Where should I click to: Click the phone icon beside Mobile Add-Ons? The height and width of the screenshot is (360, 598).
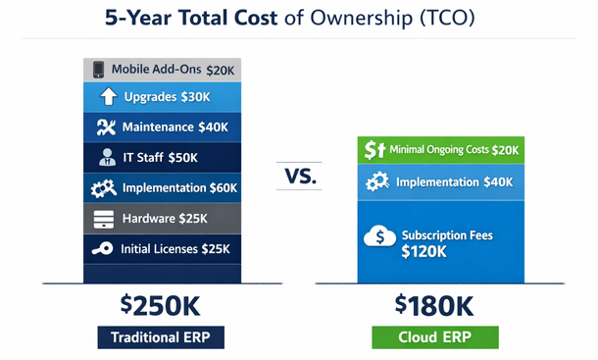98,70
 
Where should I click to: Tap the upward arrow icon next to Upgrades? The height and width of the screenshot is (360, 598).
108,98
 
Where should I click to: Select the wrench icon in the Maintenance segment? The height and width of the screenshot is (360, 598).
107,128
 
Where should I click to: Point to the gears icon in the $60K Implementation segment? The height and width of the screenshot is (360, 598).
104,187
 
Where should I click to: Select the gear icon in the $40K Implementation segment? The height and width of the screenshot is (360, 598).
377,181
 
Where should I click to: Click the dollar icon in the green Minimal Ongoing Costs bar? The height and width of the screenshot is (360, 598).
373,150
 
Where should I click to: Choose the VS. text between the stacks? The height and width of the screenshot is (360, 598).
298,179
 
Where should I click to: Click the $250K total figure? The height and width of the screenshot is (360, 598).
160,305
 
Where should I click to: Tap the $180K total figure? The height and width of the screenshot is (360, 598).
435,305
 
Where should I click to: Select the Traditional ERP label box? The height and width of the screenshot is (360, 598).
160,337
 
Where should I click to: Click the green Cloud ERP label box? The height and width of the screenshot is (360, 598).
435,337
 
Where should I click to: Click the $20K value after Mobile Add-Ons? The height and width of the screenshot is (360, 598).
221,70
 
